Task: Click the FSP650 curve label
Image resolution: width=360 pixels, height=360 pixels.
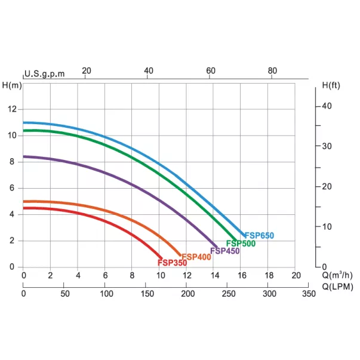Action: pyautogui.click(x=259, y=236)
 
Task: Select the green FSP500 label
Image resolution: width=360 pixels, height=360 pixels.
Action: pyautogui.click(x=241, y=244)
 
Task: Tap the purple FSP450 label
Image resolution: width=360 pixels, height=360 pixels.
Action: pyautogui.click(x=225, y=251)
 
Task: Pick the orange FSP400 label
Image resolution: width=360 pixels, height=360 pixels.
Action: pyautogui.click(x=196, y=257)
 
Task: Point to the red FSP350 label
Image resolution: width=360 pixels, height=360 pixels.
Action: pyautogui.click(x=173, y=263)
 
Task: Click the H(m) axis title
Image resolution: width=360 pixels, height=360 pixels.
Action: pyautogui.click(x=12, y=85)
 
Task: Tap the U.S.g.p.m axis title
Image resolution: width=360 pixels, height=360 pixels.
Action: pyautogui.click(x=44, y=73)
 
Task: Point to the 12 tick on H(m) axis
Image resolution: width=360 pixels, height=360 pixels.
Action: pyautogui.click(x=12, y=109)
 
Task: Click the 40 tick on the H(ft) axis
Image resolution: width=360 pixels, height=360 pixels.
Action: pyautogui.click(x=326, y=106)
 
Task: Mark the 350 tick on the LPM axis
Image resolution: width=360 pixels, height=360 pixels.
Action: pyautogui.click(x=309, y=294)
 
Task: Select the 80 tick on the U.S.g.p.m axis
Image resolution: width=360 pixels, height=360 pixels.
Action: pyautogui.click(x=272, y=71)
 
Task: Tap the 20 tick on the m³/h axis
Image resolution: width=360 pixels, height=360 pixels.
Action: pyautogui.click(x=296, y=275)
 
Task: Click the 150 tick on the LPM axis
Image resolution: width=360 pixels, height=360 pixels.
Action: pyautogui.click(x=146, y=294)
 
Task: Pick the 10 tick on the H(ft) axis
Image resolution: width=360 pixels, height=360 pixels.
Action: pyautogui.click(x=326, y=226)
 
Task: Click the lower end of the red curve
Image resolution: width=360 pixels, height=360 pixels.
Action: pyautogui.click(x=161, y=258)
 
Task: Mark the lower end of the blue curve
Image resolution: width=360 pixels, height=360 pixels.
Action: pyautogui.click(x=244, y=235)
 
